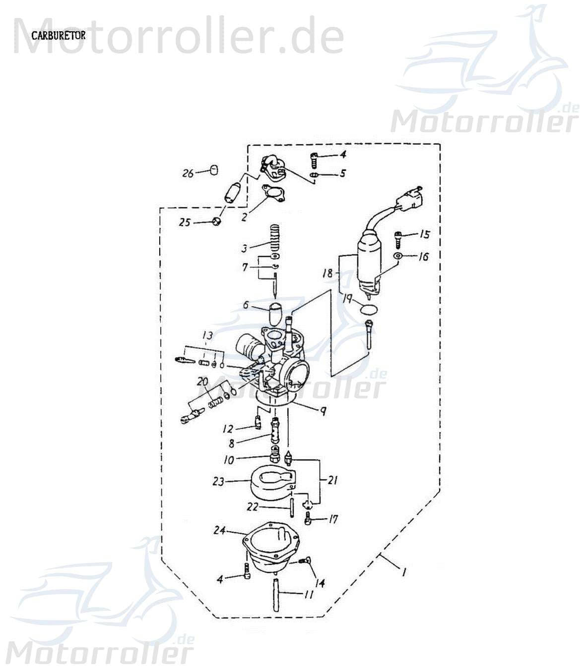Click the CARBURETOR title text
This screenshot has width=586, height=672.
pyautogui.click(x=58, y=36)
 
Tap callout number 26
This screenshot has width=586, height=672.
pyautogui.click(x=188, y=173)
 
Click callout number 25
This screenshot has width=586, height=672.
pyautogui.click(x=185, y=223)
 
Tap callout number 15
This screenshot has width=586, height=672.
pyautogui.click(x=424, y=234)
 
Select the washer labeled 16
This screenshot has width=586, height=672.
pyautogui.click(x=398, y=256)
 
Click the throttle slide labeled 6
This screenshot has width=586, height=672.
pyautogui.click(x=274, y=312)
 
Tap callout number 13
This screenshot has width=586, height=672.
pyautogui.click(x=207, y=336)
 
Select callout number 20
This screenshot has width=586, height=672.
pyautogui.click(x=202, y=382)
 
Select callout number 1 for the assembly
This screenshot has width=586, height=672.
pyautogui.click(x=404, y=572)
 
